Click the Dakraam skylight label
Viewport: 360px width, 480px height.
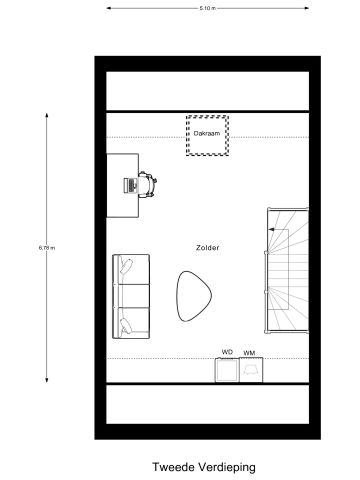(x=207, y=136)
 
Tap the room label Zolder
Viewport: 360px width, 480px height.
(x=208, y=247)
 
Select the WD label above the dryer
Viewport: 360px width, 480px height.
(x=227, y=352)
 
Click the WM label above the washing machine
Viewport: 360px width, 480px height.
(x=249, y=352)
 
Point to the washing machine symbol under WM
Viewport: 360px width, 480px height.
(x=251, y=371)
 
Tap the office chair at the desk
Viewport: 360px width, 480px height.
(x=147, y=185)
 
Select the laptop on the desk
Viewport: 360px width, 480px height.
(x=129, y=185)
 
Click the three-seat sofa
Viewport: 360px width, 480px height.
(x=131, y=295)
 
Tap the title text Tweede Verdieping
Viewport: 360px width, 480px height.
(x=204, y=467)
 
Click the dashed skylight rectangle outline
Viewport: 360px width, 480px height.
(x=207, y=117)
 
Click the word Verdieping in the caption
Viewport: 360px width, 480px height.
(x=225, y=467)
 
